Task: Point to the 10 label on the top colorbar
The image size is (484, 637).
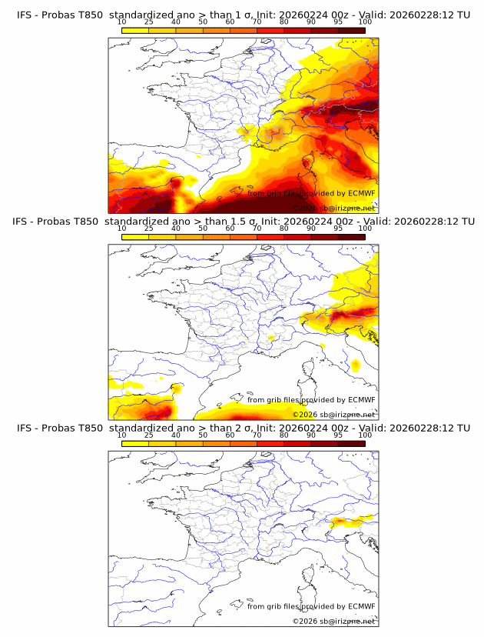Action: click(121, 23)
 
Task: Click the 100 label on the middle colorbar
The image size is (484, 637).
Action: click(365, 229)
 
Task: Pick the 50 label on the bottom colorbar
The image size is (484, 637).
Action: click(203, 435)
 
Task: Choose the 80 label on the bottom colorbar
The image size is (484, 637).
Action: click(284, 435)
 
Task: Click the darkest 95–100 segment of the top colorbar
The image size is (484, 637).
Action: click(352, 30)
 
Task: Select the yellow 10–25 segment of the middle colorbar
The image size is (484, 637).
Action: click(135, 236)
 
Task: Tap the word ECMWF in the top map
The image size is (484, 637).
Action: click(361, 194)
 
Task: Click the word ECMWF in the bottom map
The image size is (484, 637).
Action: click(361, 606)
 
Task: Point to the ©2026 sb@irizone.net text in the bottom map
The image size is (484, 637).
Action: click(333, 621)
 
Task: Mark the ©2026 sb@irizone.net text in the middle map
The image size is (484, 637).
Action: click(333, 415)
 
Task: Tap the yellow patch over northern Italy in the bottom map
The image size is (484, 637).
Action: click(350, 522)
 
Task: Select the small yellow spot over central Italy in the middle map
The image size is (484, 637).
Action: click(355, 364)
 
